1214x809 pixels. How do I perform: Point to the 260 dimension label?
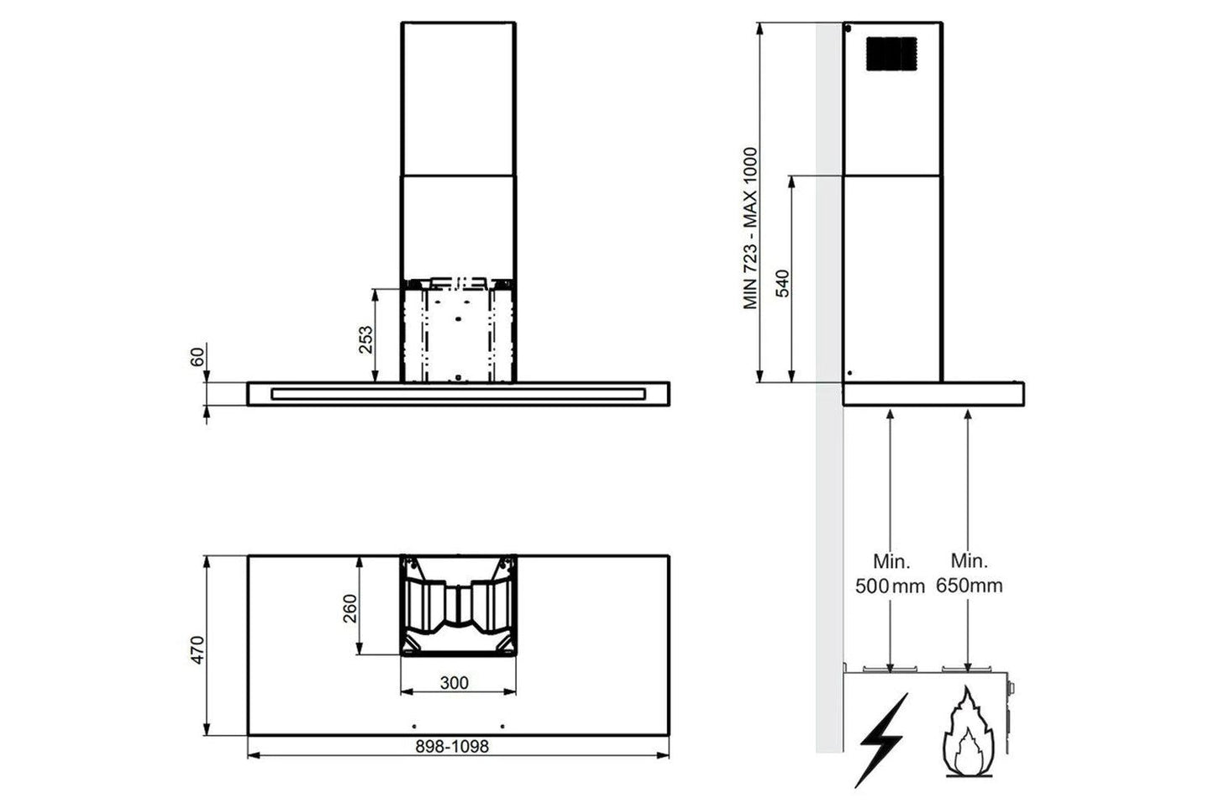[x=349, y=608]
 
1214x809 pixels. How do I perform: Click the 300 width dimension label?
[x=455, y=683]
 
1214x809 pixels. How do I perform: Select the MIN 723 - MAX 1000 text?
[x=751, y=229]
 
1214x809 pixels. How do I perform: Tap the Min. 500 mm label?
[x=890, y=574]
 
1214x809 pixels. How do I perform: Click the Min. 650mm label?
[x=969, y=574]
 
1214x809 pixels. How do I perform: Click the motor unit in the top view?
[x=457, y=603]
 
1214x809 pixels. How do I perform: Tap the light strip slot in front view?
[x=458, y=392]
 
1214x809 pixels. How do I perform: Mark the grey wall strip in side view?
[x=828, y=504]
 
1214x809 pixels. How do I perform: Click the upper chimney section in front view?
[x=458, y=97]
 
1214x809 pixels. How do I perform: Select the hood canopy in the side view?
[x=933, y=394]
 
